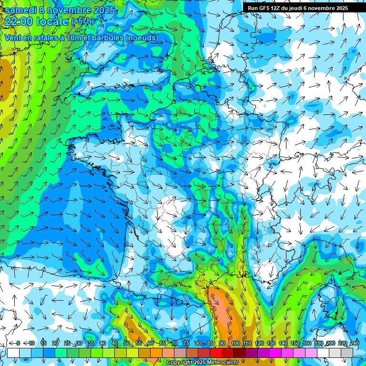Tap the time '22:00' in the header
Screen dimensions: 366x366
[19, 21]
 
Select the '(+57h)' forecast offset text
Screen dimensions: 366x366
[82, 21]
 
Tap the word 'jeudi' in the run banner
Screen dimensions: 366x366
[302, 8]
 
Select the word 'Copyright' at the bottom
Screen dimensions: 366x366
[180, 363]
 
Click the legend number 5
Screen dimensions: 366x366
[19, 343]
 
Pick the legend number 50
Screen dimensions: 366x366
[126, 343]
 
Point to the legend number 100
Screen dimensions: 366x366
[235, 343]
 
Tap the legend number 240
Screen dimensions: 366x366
[354, 343]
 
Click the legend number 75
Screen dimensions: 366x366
[186, 343]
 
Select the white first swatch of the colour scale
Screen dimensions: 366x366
[13, 353]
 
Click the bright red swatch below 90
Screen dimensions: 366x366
[216, 353]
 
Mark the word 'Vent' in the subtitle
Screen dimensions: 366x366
[13, 38]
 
